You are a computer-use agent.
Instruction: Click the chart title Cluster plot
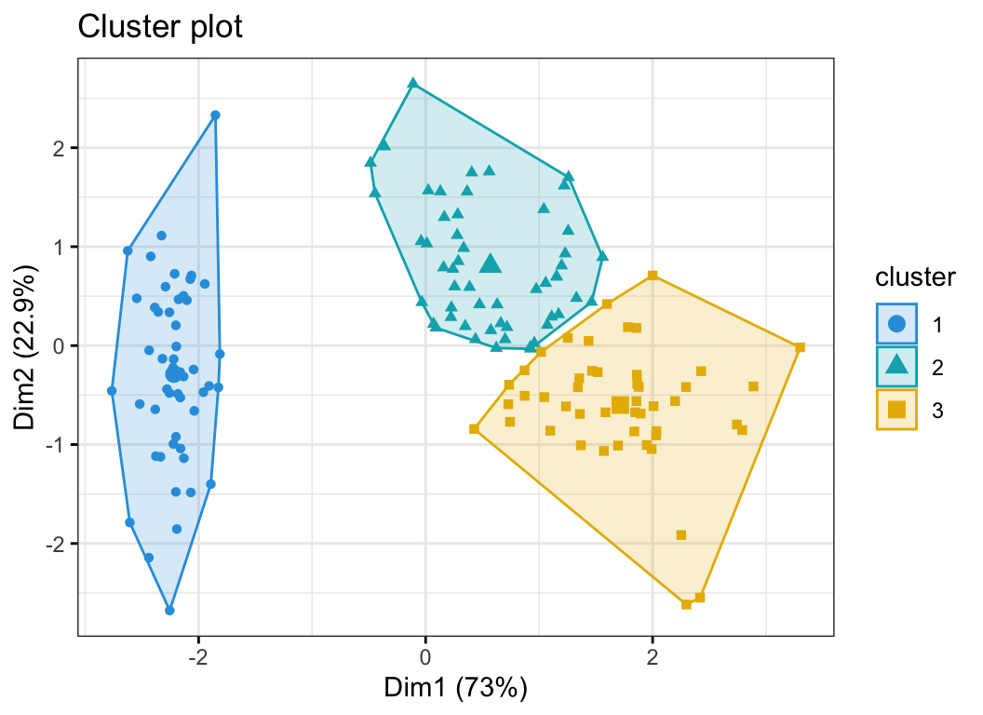pos(160,28)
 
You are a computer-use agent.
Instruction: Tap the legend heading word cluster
pos(915,277)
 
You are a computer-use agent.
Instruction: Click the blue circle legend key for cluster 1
pos(896,324)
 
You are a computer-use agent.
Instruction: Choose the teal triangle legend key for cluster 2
pos(896,367)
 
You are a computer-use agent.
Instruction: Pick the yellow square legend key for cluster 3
pos(896,410)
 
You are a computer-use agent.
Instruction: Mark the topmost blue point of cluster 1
pos(215,115)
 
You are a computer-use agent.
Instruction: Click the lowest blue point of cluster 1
pos(169,611)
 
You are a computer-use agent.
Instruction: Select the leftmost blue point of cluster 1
pos(112,391)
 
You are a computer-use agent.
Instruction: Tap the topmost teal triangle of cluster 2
pos(413,84)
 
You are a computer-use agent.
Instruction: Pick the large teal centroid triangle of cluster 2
pos(491,264)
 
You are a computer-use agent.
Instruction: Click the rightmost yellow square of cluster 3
pos(800,347)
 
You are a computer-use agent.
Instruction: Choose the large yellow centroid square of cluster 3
pos(620,405)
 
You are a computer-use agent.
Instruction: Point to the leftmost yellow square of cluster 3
pos(474,429)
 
